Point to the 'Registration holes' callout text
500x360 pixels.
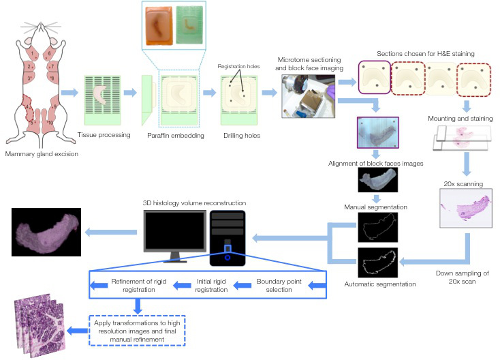[236, 67]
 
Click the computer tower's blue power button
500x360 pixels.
[228, 257]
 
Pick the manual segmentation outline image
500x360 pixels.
[377, 226]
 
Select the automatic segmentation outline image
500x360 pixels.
[377, 263]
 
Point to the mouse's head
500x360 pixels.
[38, 34]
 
